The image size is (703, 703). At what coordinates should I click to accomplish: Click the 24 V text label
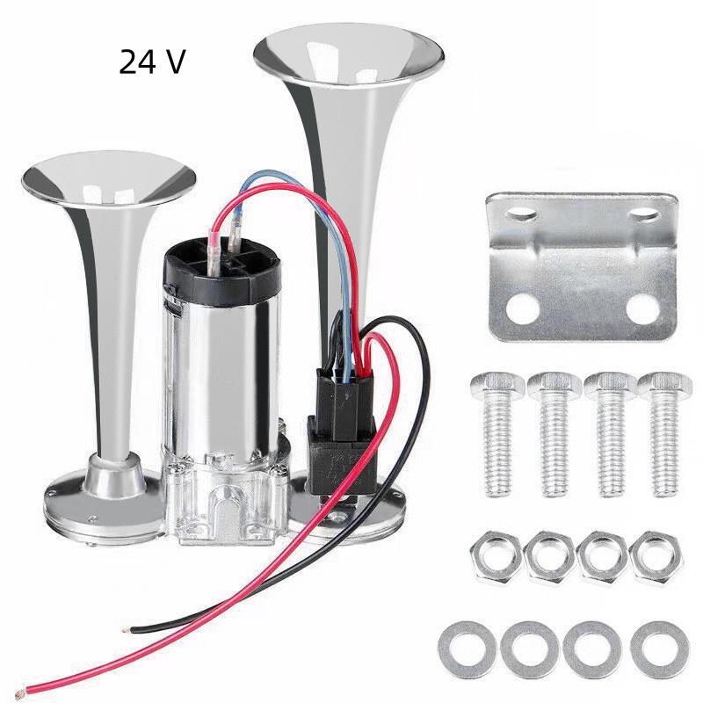152,62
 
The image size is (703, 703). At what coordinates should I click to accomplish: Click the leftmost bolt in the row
498,431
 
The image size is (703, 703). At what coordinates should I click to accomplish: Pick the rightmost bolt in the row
664,431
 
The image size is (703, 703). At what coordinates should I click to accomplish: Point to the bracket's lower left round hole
525,308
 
